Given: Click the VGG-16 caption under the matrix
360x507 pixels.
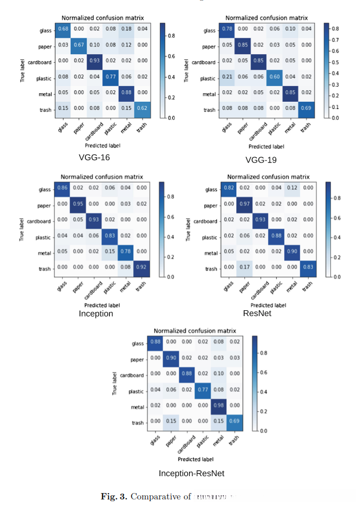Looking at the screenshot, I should tap(94, 157).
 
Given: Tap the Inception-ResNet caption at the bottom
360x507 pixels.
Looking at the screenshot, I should tap(191, 473).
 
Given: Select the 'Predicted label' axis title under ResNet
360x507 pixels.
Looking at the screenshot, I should tap(269, 304).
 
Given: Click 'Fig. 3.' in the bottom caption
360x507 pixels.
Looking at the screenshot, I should tap(115, 497).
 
